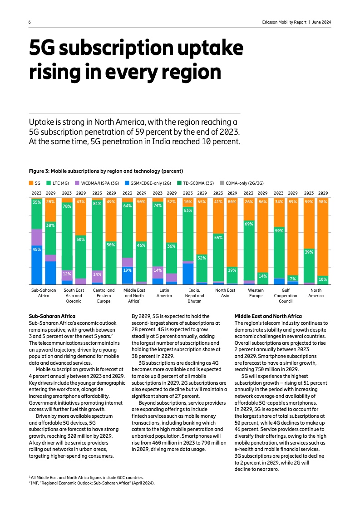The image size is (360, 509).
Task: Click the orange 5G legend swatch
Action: pyautogui.click(x=31, y=183)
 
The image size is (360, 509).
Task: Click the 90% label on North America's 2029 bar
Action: pyautogui.click(x=323, y=201)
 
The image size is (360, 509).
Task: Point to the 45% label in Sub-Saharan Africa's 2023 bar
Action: pyautogui.click(x=37, y=249)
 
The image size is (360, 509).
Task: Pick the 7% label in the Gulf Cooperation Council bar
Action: pyautogui.click(x=293, y=279)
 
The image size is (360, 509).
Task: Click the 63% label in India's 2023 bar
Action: pyautogui.click(x=188, y=210)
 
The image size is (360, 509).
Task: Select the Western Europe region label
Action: pyautogui.click(x=256, y=293)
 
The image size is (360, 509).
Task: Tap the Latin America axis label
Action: pyautogui.click(x=164, y=293)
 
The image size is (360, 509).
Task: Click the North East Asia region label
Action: pyautogui.click(x=225, y=293)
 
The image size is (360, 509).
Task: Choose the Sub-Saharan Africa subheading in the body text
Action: pyautogui.click(x=52, y=316)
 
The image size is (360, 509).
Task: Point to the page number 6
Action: pyautogui.click(x=30, y=22)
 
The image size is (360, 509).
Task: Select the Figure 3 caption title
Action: pyautogui.click(x=106, y=171)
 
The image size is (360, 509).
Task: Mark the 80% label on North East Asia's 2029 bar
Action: pyautogui.click(x=232, y=201)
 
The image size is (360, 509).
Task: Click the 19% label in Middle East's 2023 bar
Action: pyautogui.click(x=128, y=270)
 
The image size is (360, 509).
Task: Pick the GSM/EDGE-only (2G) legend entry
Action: pyautogui.click(x=150, y=183)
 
